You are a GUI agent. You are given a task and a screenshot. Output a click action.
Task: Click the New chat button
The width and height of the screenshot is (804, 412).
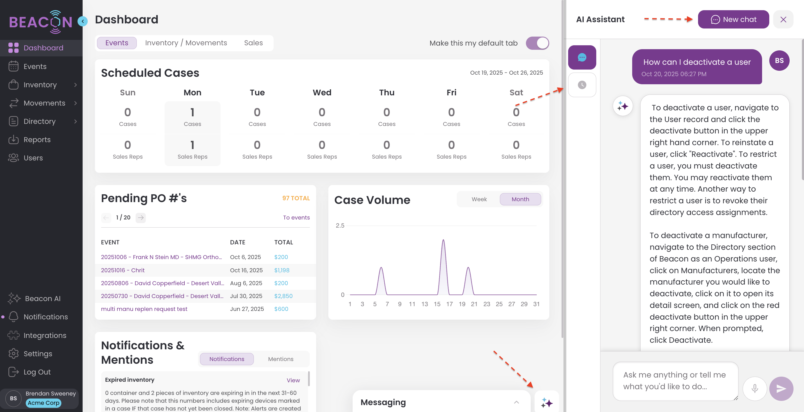pos(733,19)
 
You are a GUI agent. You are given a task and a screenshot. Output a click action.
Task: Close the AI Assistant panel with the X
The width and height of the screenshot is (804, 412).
pos(783,19)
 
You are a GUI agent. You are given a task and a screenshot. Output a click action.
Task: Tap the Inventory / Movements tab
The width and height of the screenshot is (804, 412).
pos(186,43)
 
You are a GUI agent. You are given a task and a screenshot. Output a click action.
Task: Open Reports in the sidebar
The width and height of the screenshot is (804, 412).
pos(37,139)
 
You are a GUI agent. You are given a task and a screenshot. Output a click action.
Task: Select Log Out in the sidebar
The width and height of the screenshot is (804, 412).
pos(37,372)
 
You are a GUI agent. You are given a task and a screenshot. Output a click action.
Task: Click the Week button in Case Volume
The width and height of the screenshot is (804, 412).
pos(479,199)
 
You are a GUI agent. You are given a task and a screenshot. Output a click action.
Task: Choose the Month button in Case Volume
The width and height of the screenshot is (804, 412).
pos(520,199)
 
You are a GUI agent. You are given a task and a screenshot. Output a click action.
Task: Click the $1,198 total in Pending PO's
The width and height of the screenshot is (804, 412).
pos(282,270)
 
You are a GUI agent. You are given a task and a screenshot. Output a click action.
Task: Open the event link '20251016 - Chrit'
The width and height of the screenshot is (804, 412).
pos(123,270)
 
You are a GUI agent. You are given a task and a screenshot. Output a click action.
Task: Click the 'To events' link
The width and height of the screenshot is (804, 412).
pos(296,217)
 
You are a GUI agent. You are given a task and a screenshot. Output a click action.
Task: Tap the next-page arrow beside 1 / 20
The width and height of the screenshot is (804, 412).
pos(141,217)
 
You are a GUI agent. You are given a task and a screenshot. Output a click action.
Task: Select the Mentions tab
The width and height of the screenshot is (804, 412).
pos(280,359)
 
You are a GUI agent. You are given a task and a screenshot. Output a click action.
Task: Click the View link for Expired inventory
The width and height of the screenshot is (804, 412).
pos(293,380)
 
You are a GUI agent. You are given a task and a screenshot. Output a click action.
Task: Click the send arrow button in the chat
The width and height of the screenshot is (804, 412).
pos(781,389)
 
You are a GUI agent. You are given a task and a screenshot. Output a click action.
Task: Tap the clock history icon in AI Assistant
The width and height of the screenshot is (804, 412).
pos(582,85)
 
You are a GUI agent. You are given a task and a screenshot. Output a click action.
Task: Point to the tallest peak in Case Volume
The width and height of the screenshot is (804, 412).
pos(443,240)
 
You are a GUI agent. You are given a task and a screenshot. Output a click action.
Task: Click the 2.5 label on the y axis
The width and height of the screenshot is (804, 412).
pos(340,225)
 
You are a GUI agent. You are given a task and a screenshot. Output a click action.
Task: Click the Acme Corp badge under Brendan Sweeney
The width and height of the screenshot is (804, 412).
pos(43,403)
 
